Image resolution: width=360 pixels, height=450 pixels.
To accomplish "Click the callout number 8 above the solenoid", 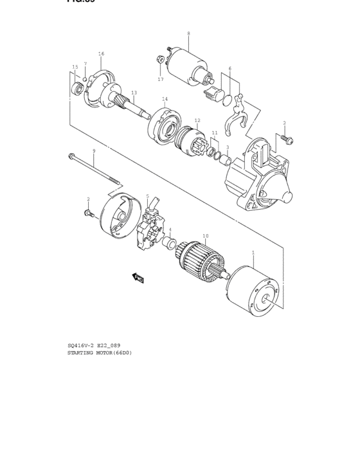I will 188,33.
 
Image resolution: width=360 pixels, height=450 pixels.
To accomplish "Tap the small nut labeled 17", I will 158,60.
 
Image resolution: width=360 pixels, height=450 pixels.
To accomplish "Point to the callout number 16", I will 101,54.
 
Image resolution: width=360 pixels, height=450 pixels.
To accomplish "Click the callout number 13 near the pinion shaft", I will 134,93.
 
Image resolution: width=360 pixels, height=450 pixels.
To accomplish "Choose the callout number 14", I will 165,99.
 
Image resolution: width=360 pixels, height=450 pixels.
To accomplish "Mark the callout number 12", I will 197,120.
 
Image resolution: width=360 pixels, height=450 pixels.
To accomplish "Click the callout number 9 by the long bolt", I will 93,151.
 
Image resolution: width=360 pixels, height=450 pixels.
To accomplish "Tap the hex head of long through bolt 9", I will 69,154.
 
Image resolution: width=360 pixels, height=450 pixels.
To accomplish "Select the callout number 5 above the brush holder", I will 147,196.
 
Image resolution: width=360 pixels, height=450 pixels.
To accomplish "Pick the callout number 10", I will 205,236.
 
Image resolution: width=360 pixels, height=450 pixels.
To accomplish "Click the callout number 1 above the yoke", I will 253,253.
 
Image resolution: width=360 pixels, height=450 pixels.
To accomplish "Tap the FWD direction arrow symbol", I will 138,278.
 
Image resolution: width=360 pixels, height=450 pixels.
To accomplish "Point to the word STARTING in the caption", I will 80,353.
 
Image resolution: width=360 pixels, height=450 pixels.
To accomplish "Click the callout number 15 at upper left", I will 75,67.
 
